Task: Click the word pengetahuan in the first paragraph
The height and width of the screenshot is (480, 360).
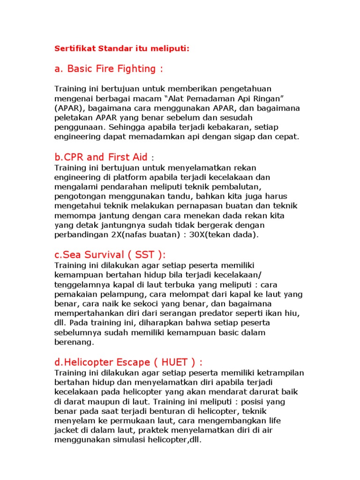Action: click(233, 89)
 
